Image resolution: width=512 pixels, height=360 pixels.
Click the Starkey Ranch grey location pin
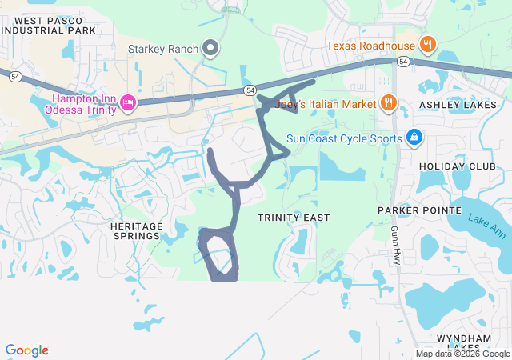(211, 48)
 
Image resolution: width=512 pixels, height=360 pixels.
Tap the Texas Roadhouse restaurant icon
(428, 45)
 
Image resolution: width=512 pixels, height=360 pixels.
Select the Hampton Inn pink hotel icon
(126, 102)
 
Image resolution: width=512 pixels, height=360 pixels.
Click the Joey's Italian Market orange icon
(388, 102)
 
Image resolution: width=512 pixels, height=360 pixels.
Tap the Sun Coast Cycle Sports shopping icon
(414, 138)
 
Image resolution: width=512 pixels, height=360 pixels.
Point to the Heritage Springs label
(135, 231)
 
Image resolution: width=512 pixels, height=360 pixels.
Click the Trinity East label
(294, 218)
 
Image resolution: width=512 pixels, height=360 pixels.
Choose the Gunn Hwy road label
(395, 245)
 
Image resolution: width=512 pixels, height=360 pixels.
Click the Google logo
(26, 350)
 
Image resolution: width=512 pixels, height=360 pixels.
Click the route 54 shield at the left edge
(14, 77)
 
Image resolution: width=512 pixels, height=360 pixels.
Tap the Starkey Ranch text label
(162, 48)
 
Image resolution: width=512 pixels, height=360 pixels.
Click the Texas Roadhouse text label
(370, 45)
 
